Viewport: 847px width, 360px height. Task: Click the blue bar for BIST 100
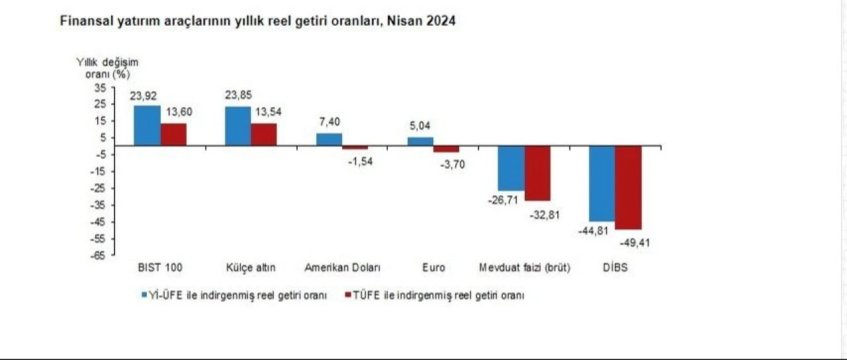(x=147, y=125)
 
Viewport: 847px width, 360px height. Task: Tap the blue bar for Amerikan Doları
(x=329, y=139)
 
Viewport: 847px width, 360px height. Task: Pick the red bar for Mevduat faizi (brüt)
(x=537, y=173)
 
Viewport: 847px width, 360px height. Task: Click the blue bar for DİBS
(x=602, y=183)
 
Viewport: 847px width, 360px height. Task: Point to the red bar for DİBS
(x=628, y=187)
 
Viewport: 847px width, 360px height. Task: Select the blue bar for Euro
(x=420, y=141)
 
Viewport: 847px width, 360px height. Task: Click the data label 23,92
(x=144, y=96)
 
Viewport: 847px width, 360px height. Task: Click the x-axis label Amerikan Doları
(x=343, y=268)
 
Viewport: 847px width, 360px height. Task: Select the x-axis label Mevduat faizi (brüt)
(x=524, y=268)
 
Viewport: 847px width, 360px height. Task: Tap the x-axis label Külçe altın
(x=251, y=268)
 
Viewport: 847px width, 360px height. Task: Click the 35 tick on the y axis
(x=100, y=87)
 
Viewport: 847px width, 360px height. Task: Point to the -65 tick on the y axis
(x=99, y=255)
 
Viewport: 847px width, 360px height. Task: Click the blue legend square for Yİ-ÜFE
(x=144, y=296)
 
